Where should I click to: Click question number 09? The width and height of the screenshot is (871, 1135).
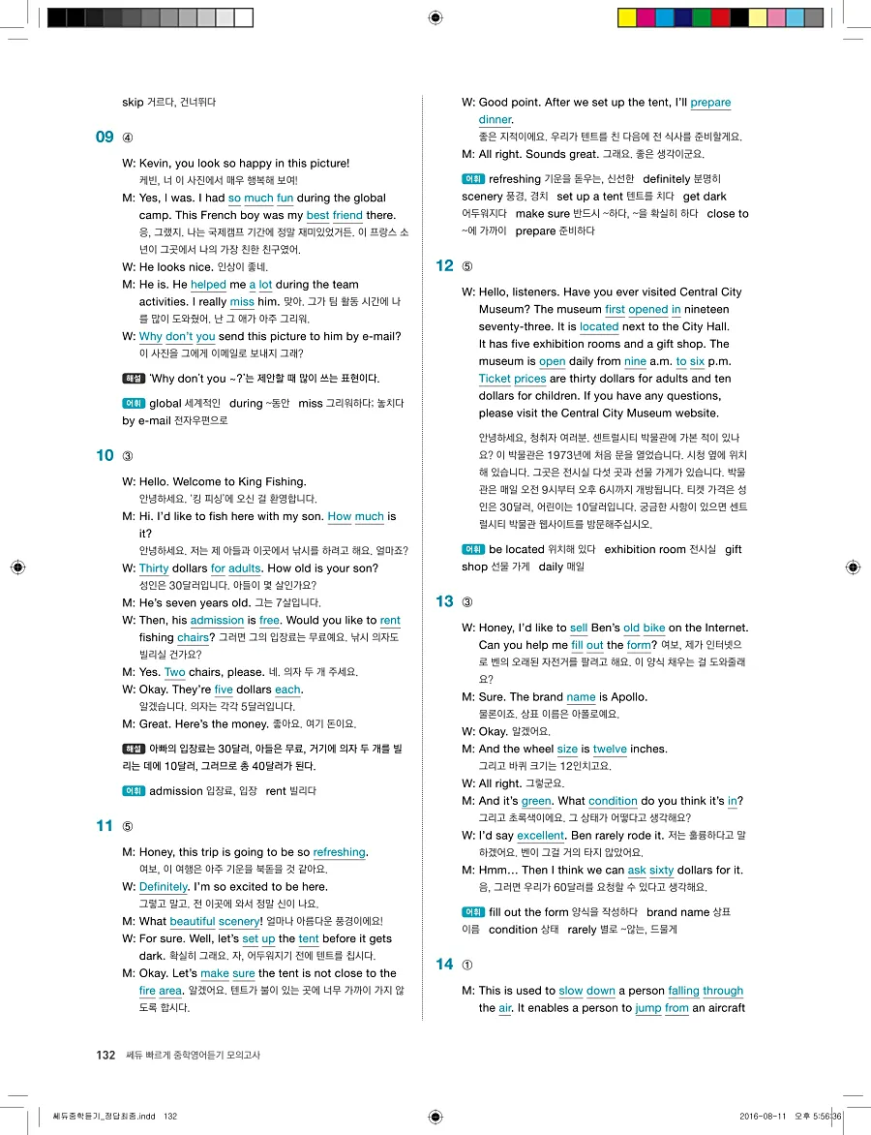click(105, 137)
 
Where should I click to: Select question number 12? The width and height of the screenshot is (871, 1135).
click(444, 266)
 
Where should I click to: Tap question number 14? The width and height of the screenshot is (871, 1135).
click(444, 964)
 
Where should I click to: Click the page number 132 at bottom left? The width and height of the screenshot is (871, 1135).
click(105, 1055)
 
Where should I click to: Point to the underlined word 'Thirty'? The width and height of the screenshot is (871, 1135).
click(154, 568)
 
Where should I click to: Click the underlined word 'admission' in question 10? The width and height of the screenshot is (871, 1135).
click(217, 620)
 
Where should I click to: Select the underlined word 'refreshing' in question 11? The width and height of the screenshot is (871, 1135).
click(339, 852)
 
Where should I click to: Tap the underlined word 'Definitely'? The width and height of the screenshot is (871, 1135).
click(163, 886)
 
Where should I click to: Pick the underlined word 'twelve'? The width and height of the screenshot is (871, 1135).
click(610, 749)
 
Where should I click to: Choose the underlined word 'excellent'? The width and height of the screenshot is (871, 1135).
click(540, 835)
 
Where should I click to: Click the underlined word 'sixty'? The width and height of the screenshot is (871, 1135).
click(661, 870)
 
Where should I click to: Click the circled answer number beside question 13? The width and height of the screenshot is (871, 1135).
click(468, 602)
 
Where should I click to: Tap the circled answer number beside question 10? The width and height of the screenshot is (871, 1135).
click(128, 456)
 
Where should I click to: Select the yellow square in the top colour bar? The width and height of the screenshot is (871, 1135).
click(626, 17)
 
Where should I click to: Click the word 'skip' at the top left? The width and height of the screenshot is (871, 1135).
click(133, 102)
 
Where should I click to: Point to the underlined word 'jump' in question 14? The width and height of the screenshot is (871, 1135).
click(647, 1008)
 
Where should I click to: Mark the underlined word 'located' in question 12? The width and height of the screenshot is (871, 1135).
click(599, 326)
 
